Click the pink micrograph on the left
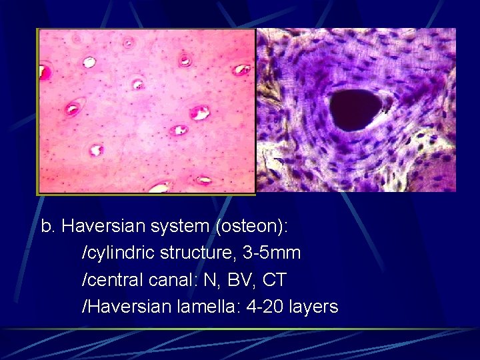[x=147, y=111]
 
